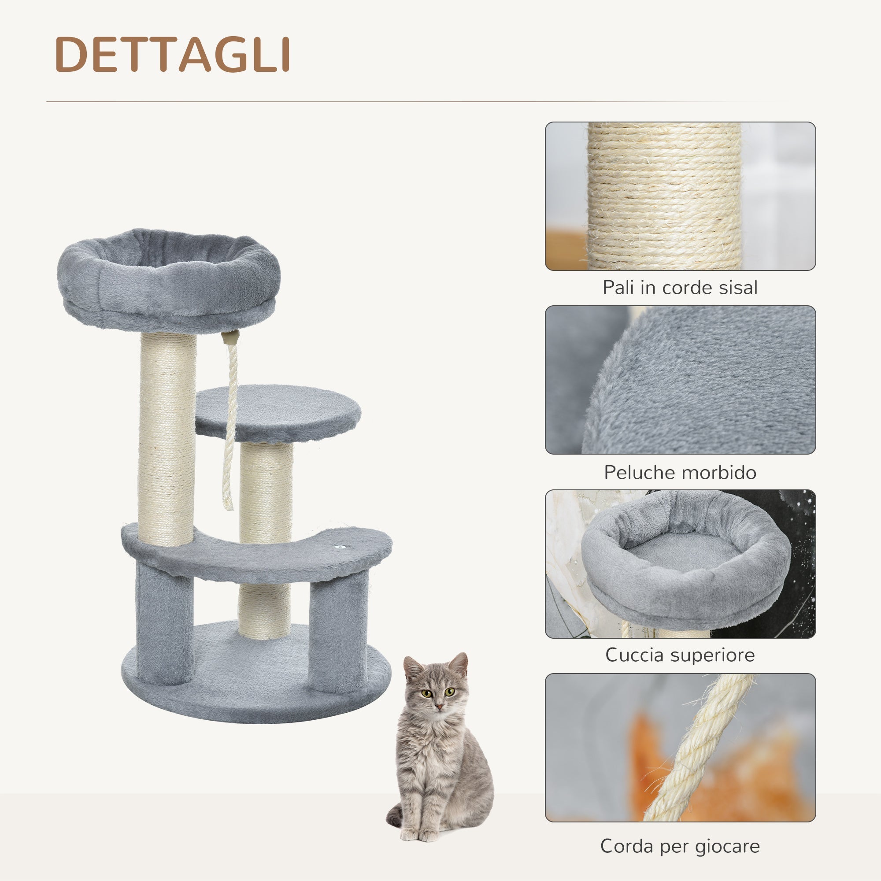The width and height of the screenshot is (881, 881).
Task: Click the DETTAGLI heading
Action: [x=172, y=55]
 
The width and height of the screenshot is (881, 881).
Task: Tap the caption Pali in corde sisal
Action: [x=680, y=288]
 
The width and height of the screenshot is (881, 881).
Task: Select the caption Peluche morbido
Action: [x=680, y=472]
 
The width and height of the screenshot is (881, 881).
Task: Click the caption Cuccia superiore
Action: [x=680, y=655]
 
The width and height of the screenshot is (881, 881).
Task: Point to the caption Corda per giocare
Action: [x=680, y=846]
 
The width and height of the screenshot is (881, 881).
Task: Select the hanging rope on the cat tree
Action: [x=231, y=424]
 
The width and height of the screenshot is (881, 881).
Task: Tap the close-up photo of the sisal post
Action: [x=680, y=196]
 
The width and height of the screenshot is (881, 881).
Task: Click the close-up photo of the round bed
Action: [x=680, y=564]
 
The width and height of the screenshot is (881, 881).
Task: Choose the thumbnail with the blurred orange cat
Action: [x=680, y=748]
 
